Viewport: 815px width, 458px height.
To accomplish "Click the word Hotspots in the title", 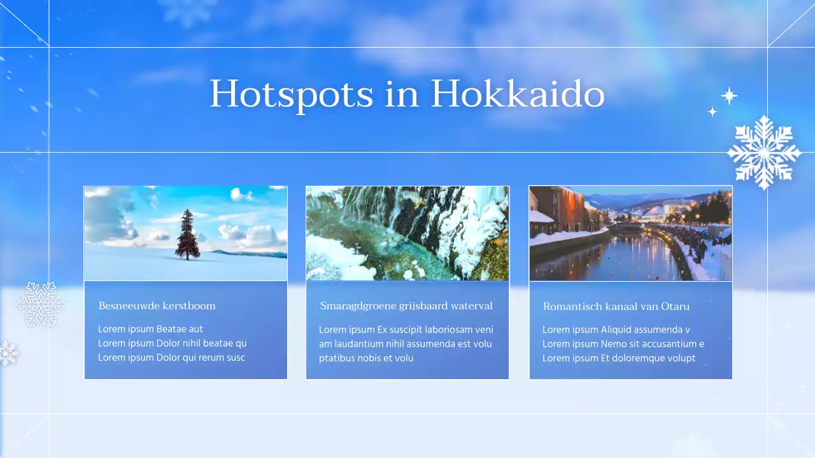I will [291, 94].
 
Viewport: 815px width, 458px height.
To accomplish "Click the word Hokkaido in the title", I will [517, 94].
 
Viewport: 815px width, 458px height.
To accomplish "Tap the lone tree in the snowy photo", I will [188, 235].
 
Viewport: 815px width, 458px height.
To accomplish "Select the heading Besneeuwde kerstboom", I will [157, 306].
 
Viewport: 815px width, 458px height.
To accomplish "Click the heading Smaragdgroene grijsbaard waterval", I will [406, 306].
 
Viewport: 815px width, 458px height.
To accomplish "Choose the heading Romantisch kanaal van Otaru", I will [616, 307].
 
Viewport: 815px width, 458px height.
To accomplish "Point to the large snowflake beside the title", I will [763, 153].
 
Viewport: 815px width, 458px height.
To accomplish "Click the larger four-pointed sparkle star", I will [729, 96].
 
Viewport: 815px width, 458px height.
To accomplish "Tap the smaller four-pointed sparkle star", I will [712, 112].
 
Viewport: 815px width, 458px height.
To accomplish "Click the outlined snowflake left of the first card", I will [40, 304].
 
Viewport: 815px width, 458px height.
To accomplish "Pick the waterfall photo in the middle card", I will [407, 233].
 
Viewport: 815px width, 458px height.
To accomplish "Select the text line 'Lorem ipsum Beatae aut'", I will [150, 329].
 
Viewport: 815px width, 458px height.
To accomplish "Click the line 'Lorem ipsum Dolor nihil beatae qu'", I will [172, 343].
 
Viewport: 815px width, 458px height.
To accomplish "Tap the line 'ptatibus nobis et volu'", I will [366, 358].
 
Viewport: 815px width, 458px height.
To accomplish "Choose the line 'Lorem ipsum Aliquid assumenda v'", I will [616, 330].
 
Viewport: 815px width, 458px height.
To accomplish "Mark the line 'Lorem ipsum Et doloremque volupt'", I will [618, 358].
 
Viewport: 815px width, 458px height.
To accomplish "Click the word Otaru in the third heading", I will [675, 307].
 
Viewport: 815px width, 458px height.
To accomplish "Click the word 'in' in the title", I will [402, 94].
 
